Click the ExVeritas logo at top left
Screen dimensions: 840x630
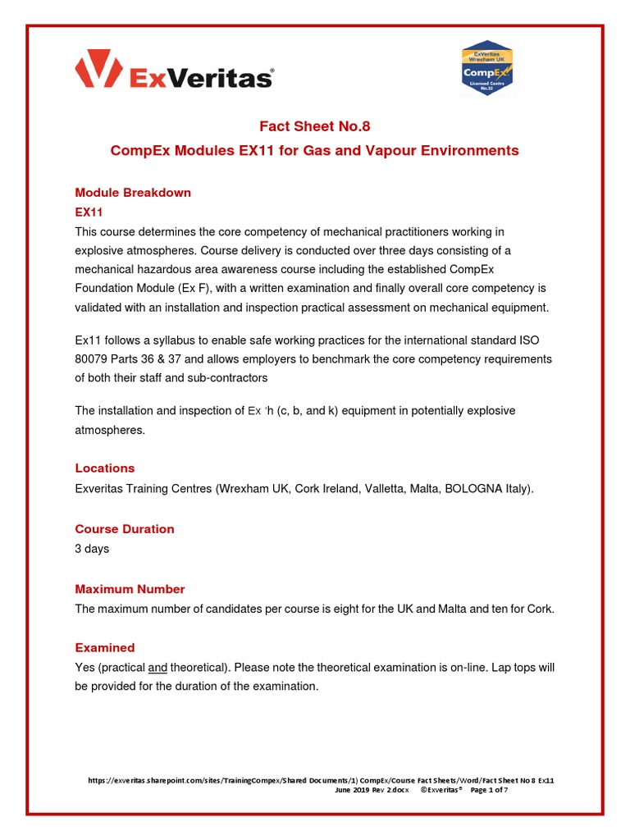[174, 69]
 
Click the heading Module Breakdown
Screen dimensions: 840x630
[133, 193]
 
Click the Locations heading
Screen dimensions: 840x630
[105, 468]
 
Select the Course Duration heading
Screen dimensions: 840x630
[125, 529]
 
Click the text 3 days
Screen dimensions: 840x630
[92, 549]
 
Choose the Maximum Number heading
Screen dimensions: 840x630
[130, 589]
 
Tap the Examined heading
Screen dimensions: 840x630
[105, 648]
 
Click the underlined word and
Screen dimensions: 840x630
[157, 668]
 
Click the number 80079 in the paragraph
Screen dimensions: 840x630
[92, 359]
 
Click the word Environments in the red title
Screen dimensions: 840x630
[467, 151]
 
